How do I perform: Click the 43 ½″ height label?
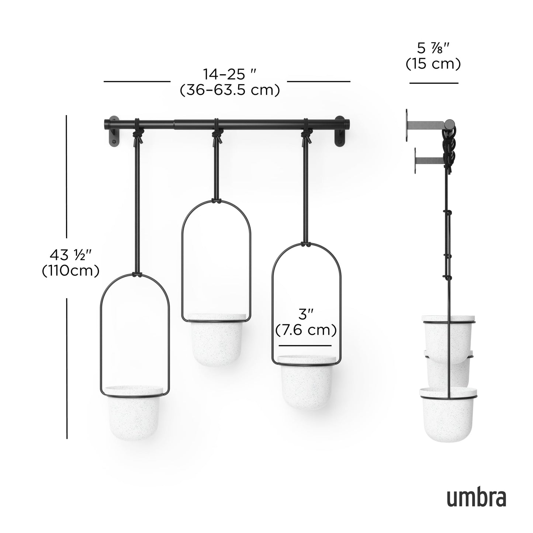pyautogui.click(x=70, y=255)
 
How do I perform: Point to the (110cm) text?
pyautogui.click(x=70, y=271)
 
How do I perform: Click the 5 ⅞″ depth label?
pyautogui.click(x=434, y=48)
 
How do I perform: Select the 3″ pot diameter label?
pyautogui.click(x=305, y=314)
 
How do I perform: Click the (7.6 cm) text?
pyautogui.click(x=306, y=330)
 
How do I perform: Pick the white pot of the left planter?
pyautogui.click(x=133, y=413)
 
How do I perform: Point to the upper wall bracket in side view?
pyautogui.click(x=424, y=125)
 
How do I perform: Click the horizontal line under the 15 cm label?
pyautogui.click(x=433, y=83)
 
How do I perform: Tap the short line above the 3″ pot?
pyautogui.click(x=305, y=346)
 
